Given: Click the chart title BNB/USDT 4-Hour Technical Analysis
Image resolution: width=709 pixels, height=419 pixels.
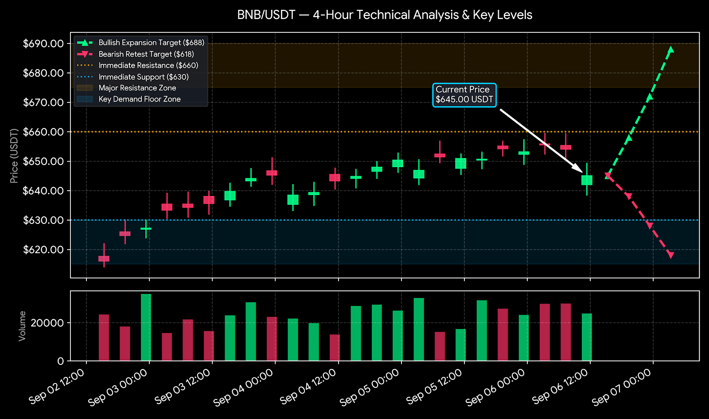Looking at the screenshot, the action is [x=385, y=15].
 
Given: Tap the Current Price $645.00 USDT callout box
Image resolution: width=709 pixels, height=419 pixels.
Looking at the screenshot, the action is [x=464, y=95].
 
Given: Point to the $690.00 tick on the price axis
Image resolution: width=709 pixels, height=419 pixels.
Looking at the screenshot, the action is [x=43, y=43].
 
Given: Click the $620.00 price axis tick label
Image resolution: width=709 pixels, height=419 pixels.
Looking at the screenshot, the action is [x=43, y=250].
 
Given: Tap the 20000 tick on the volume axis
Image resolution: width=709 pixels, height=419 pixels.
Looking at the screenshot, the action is [x=47, y=323].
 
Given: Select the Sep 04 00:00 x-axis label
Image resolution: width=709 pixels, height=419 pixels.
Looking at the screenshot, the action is [x=244, y=388].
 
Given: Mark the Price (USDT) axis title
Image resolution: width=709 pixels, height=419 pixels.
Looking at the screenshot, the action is [x=14, y=156].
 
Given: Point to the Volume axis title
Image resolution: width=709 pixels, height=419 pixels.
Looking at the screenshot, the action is [x=22, y=326].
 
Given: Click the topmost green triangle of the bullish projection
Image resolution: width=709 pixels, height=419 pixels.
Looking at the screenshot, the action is [x=670, y=49].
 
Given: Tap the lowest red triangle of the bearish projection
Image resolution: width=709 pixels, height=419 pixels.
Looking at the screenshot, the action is [x=670, y=255].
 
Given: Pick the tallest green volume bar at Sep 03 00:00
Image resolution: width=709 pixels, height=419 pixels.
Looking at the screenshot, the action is [x=146, y=327].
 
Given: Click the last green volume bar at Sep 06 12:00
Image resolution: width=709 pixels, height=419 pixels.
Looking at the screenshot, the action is [x=587, y=337].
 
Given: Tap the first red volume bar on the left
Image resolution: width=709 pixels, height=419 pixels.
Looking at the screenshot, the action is [x=104, y=337].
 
